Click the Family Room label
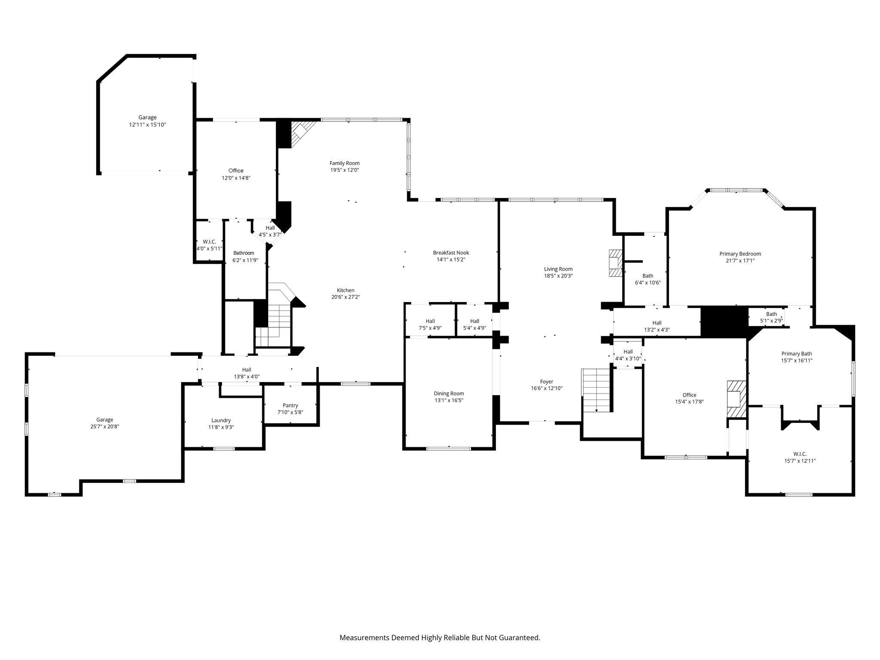click(x=345, y=163)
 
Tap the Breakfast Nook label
click(x=451, y=253)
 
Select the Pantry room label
click(x=290, y=405)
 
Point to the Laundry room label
click(x=221, y=420)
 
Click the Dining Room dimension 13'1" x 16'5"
click(x=449, y=400)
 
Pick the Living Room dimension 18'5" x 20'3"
click(x=558, y=276)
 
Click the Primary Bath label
click(x=797, y=354)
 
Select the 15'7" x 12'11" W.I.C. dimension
click(x=800, y=461)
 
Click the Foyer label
click(x=547, y=381)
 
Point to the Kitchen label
click(x=345, y=290)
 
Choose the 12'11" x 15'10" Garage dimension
click(x=147, y=125)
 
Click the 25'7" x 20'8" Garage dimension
click(x=104, y=426)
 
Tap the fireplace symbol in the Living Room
click(x=616, y=263)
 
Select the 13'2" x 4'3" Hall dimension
click(x=657, y=330)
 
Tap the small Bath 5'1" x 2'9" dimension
click(x=772, y=321)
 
